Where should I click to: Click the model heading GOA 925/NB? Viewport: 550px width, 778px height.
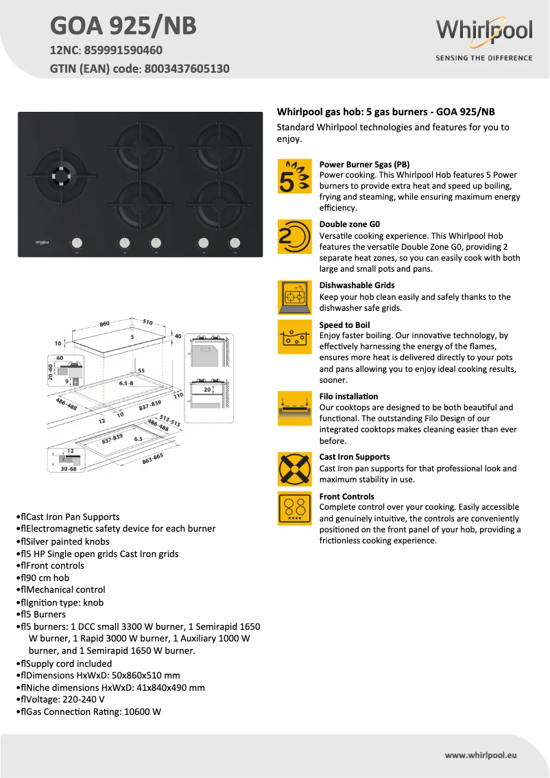point(123,25)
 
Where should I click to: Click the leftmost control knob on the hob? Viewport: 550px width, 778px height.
point(77,242)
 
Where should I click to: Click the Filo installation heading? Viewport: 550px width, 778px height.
point(348,396)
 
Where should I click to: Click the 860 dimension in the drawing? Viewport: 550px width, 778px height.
point(105,323)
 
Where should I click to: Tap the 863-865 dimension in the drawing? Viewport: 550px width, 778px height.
point(152,460)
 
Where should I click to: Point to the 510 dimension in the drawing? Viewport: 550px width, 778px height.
point(147,321)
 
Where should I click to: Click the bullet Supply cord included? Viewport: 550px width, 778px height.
point(69,663)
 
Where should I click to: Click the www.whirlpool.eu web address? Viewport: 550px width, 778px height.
point(480,755)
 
